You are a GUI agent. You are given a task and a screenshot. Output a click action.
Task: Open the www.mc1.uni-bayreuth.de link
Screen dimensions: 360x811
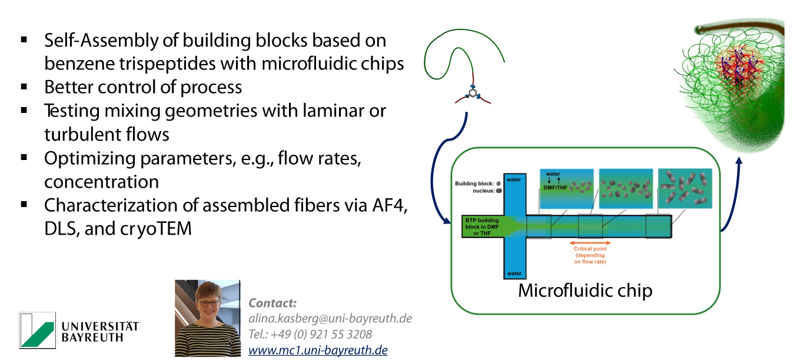pos(318,351)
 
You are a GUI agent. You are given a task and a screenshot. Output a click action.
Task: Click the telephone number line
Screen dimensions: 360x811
pos(310,335)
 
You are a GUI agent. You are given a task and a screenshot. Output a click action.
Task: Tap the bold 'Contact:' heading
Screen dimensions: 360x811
pos(272,304)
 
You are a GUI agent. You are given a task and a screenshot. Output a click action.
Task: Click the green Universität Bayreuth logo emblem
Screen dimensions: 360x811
pos(37,330)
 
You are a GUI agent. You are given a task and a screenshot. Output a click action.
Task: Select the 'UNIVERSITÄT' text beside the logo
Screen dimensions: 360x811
pos(100,326)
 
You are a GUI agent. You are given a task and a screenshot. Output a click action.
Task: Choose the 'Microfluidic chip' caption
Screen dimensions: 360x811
pos(584,291)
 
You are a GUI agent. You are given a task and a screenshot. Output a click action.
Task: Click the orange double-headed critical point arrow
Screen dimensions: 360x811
pos(590,243)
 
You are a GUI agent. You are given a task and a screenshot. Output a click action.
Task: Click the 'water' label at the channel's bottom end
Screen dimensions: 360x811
pos(514,274)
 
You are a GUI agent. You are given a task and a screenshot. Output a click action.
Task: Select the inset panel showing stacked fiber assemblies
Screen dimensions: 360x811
pos(685,189)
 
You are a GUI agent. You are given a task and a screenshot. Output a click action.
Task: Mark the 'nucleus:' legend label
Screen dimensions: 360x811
pos(483,191)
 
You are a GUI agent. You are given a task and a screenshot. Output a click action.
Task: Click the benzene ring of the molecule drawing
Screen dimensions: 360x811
pos(471,94)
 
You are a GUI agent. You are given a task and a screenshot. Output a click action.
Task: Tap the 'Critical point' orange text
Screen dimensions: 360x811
pos(590,249)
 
